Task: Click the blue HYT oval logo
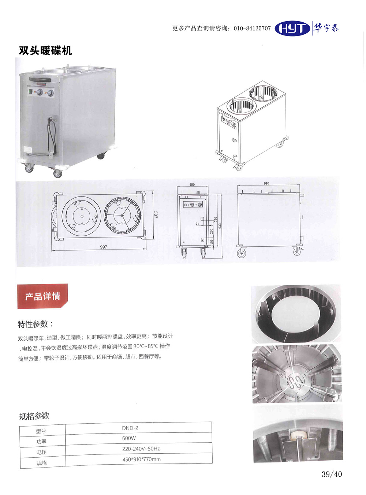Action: [292, 29]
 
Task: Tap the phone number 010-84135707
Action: [252, 29]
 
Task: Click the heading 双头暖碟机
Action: [45, 50]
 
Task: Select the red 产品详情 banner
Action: [42, 296]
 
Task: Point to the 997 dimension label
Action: [103, 247]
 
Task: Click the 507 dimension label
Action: [156, 215]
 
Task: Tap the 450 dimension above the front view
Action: [192, 184]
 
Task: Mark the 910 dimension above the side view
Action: [266, 183]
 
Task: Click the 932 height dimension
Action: [220, 226]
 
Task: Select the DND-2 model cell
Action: [130, 428]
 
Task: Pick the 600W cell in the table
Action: [129, 438]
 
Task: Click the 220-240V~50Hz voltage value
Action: [141, 449]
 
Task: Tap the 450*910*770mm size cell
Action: [141, 459]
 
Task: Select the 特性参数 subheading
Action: [35, 324]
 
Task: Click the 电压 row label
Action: [41, 452]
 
